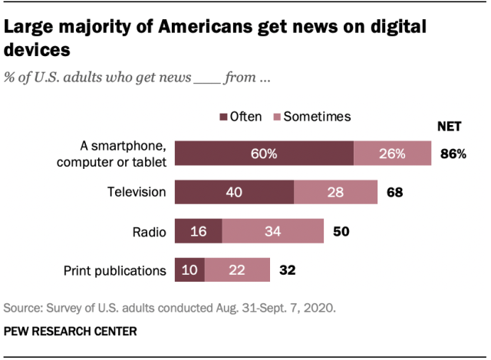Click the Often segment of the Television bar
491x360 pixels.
pyautogui.click(x=234, y=191)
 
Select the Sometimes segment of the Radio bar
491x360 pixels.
pyautogui.click(x=272, y=230)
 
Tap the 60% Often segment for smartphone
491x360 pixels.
pyautogui.click(x=264, y=153)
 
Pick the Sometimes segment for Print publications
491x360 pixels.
pyautogui.click(x=237, y=269)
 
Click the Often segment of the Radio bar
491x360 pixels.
pyautogui.click(x=198, y=230)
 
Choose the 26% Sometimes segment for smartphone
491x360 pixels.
pyautogui.click(x=392, y=153)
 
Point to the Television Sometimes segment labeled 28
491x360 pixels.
pyautogui.click(x=335, y=191)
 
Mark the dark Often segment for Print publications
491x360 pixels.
pyautogui.click(x=189, y=269)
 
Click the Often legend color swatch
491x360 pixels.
pyautogui.click(x=224, y=117)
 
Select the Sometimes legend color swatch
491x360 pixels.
pyautogui.click(x=278, y=117)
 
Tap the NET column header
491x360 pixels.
pyautogui.click(x=450, y=126)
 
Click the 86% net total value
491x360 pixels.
pyautogui.click(x=453, y=154)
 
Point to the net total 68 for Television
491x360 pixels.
pyautogui.click(x=395, y=192)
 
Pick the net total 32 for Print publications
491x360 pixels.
pyautogui.click(x=288, y=269)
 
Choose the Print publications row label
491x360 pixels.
pyautogui.click(x=115, y=269)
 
